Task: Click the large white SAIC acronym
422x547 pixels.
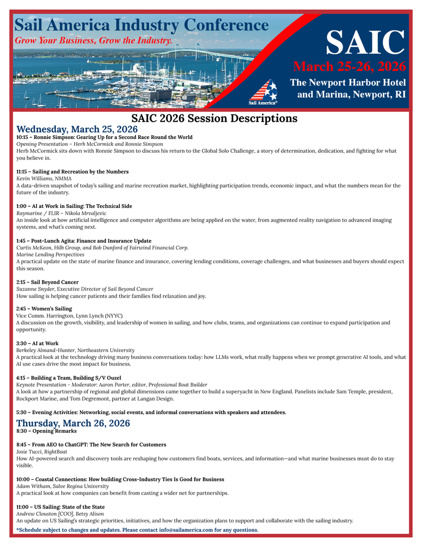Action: click(365, 42)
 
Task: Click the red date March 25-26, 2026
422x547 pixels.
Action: click(349, 67)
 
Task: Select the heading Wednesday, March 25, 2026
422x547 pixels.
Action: click(77, 129)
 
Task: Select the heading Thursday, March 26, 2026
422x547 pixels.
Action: click(73, 423)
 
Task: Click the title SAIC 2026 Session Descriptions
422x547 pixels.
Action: click(214, 118)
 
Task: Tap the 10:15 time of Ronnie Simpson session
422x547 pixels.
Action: click(23, 137)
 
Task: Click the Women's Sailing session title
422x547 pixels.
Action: click(52, 309)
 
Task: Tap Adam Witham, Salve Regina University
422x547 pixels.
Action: click(62, 486)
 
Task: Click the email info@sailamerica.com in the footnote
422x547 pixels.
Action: click(186, 530)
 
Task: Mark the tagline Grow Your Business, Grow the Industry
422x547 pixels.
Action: click(93, 41)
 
